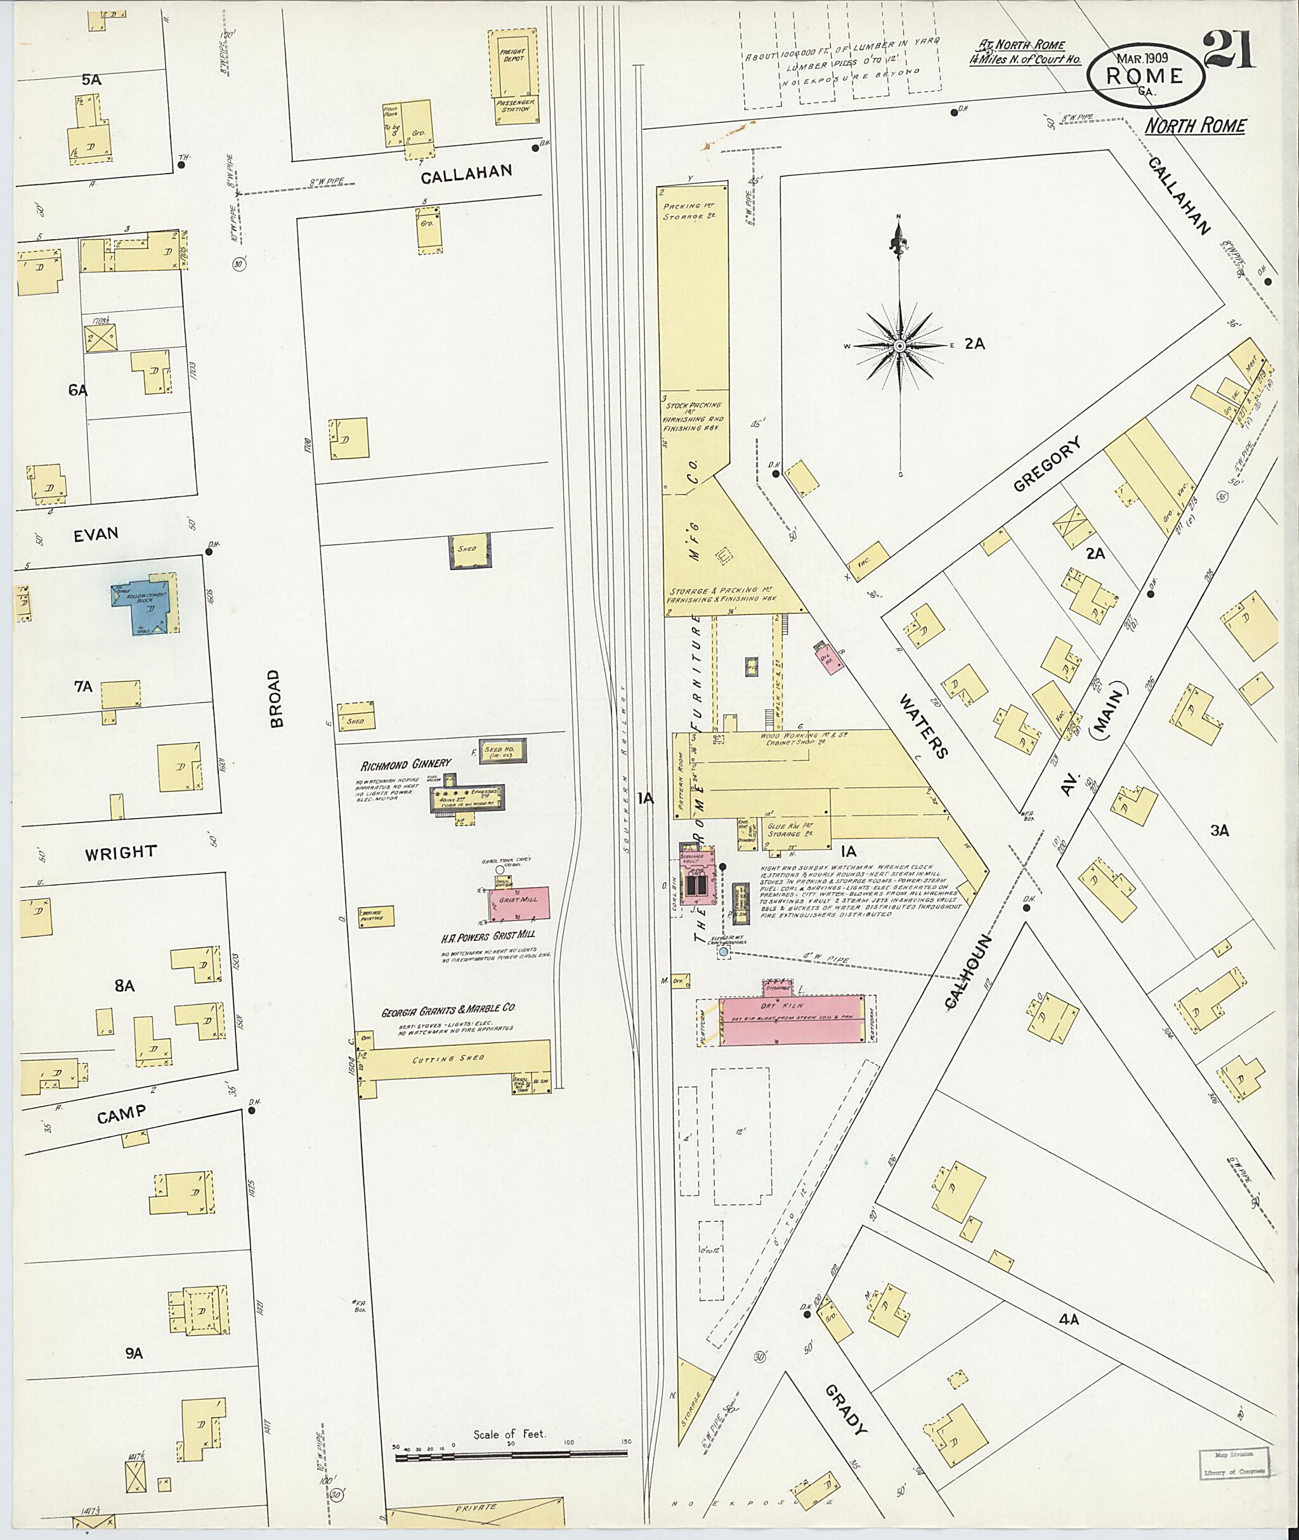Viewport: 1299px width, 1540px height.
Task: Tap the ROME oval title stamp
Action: point(1146,76)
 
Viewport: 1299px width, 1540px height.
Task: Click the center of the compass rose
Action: point(899,346)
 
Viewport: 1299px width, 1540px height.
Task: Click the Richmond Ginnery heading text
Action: point(405,764)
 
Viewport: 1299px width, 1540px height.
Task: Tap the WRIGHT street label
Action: point(121,853)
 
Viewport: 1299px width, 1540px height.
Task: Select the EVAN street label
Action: point(96,534)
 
